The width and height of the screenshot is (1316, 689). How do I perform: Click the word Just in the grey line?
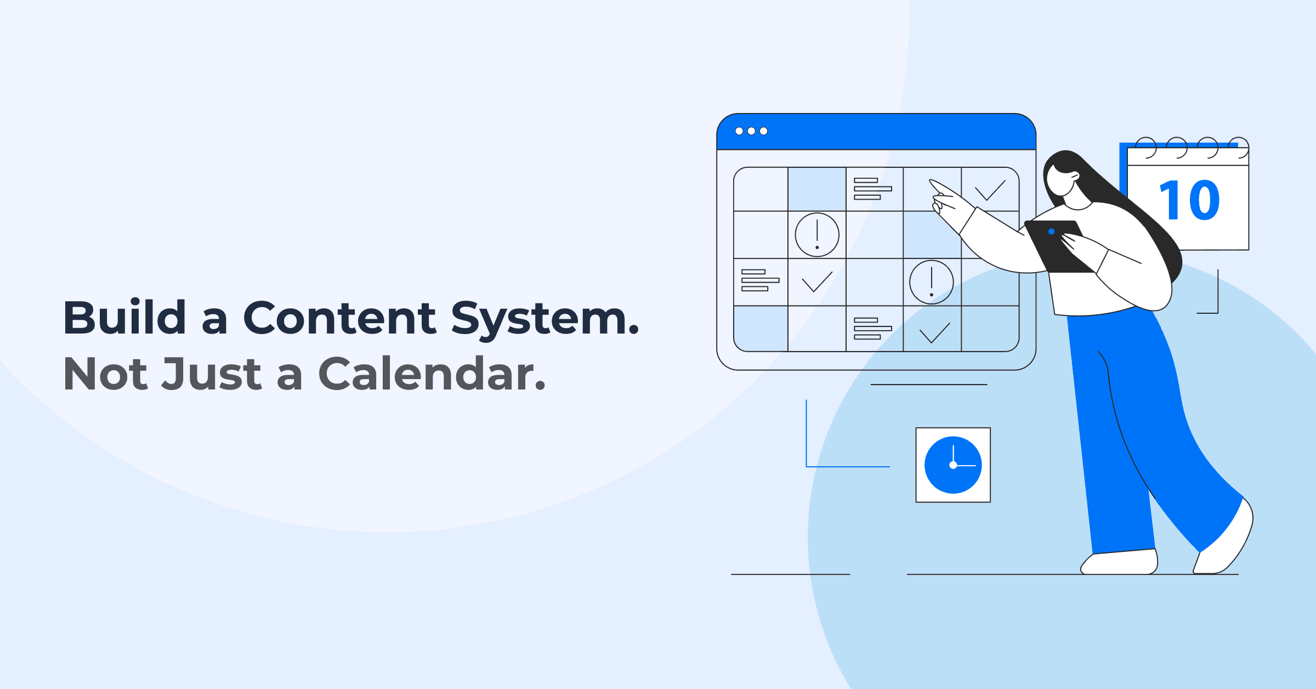click(x=212, y=374)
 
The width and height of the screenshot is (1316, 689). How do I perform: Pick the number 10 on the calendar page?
click(x=1189, y=201)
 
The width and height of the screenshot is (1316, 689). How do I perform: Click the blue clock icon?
click(x=953, y=465)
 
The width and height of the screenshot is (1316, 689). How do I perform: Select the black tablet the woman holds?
click(x=1058, y=247)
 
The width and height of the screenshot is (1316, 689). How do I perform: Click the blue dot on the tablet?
click(x=1051, y=231)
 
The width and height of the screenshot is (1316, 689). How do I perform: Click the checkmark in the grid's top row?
click(x=990, y=190)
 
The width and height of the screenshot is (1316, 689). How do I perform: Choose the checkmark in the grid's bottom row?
click(x=934, y=332)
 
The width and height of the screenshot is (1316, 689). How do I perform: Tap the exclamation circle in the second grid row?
click(x=817, y=235)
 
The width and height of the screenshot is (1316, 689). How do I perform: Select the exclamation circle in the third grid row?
click(x=931, y=282)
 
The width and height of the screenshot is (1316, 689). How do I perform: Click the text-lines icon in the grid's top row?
click(x=872, y=189)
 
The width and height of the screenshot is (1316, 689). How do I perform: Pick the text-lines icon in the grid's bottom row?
click(x=872, y=329)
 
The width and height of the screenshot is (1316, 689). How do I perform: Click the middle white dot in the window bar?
click(x=751, y=131)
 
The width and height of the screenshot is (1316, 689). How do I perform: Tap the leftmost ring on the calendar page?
click(x=1145, y=147)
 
